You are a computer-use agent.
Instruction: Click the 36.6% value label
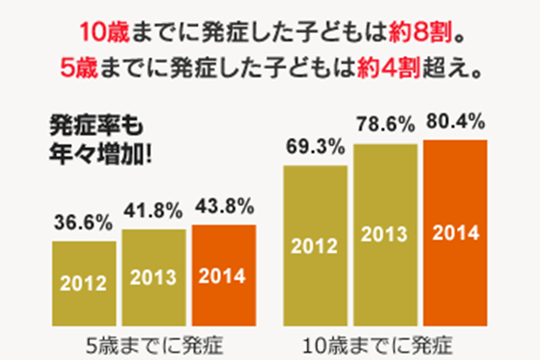pyautogui.click(x=83, y=222)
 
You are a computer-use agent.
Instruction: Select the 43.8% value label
pyautogui.click(x=224, y=206)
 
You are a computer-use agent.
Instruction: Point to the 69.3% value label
pyautogui.click(x=315, y=147)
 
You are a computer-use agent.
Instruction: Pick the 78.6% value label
pyautogui.click(x=386, y=126)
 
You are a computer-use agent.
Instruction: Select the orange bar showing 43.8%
pyautogui.click(x=224, y=275)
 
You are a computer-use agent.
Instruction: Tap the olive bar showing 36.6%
pyautogui.click(x=84, y=283)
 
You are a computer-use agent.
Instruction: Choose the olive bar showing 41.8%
pyautogui.click(x=154, y=277)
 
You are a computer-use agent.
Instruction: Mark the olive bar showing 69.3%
pyautogui.click(x=315, y=246)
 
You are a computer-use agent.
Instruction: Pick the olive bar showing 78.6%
pyautogui.click(x=386, y=235)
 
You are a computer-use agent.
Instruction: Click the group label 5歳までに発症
pyautogui.click(x=154, y=344)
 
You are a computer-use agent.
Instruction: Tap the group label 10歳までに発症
pyautogui.click(x=385, y=344)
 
